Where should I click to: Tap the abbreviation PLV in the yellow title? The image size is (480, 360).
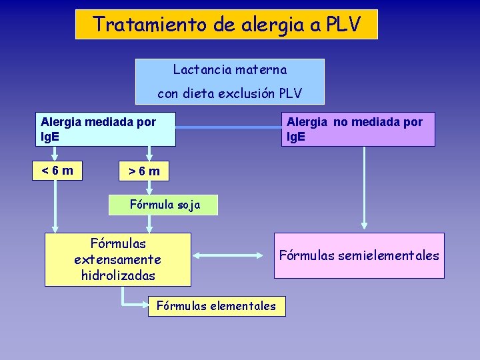(343, 25)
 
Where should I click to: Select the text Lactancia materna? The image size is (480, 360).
(230, 69)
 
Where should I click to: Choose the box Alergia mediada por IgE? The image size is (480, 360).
(105, 129)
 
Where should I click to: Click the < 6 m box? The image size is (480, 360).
(57, 171)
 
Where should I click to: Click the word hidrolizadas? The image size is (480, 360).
(118, 275)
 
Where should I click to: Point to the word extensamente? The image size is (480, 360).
(118, 259)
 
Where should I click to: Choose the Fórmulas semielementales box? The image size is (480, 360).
(359, 255)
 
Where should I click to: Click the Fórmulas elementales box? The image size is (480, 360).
(215, 306)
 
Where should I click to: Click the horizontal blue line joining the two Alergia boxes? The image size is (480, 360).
(228, 127)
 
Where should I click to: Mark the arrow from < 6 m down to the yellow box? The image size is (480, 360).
(56, 207)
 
